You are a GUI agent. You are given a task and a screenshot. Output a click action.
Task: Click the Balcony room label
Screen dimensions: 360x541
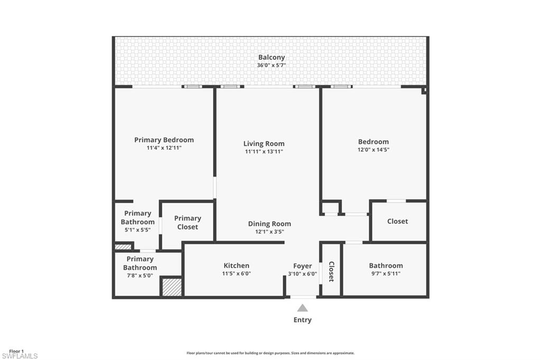(271, 58)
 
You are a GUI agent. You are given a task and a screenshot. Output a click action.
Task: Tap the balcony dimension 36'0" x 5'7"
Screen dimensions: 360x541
(271, 65)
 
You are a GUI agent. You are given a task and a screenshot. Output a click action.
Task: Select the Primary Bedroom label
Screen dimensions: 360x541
(164, 140)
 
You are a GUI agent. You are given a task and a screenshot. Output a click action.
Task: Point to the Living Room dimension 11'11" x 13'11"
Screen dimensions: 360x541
(264, 151)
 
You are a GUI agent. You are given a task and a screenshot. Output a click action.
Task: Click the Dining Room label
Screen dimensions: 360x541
(269, 224)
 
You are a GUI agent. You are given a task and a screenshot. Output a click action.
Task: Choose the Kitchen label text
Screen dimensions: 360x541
(236, 266)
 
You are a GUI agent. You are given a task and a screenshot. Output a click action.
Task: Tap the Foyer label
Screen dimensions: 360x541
(303, 266)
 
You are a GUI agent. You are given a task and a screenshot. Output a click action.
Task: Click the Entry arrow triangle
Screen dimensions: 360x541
(302, 308)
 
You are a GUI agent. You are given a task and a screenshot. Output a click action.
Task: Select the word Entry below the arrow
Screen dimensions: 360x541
(303, 320)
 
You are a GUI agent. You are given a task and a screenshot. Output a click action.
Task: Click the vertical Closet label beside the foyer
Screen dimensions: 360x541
(331, 271)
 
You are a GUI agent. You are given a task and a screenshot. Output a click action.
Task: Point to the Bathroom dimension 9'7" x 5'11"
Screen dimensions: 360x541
(386, 273)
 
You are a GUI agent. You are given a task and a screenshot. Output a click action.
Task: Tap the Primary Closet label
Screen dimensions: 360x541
(188, 222)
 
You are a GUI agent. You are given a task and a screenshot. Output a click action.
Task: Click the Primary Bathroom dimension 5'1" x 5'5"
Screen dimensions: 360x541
(137, 230)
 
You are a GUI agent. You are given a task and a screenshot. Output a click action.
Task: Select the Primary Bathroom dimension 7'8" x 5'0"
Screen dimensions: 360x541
(140, 275)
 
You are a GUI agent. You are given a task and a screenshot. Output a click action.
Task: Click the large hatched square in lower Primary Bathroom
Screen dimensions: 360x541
(172, 287)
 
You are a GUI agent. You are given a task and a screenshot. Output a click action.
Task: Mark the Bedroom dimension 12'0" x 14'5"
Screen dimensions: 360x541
(374, 149)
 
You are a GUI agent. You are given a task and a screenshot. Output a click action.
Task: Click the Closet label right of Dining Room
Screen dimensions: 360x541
(397, 222)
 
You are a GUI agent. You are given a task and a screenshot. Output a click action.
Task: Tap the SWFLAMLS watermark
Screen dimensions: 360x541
(20, 356)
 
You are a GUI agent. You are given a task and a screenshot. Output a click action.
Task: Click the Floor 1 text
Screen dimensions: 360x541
(16, 351)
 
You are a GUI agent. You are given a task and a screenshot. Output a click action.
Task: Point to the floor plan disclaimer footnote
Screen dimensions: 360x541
(270, 353)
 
